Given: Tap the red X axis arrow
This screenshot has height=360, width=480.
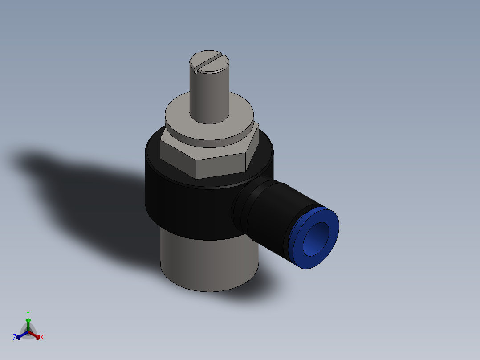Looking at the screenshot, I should pyautogui.click(x=37, y=335).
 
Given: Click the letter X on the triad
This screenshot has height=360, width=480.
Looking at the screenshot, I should pyautogui.click(x=42, y=338).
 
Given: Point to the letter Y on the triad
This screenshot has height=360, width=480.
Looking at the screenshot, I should pyautogui.click(x=28, y=313).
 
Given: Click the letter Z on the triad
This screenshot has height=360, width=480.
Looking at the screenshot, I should pyautogui.click(x=15, y=337).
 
